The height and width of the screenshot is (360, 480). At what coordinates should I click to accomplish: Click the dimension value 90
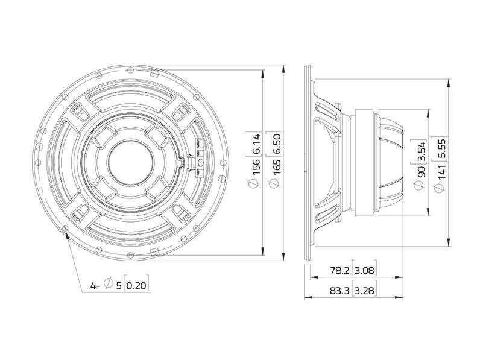[422, 170]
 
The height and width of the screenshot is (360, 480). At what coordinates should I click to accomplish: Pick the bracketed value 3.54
[422, 150]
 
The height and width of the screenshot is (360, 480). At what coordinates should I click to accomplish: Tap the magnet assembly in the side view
[377, 162]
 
